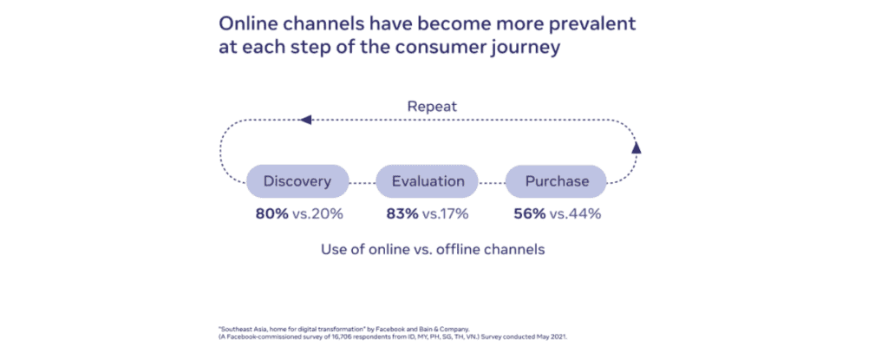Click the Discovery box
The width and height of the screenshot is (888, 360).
click(297, 181)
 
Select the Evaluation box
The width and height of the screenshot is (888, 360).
click(427, 181)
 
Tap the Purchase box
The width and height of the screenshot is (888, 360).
click(557, 181)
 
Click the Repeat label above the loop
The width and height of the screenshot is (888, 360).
click(431, 107)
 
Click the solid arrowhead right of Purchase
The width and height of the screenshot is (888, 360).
click(637, 147)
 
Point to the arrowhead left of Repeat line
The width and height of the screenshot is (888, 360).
click(304, 120)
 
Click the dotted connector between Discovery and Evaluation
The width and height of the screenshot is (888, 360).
click(362, 182)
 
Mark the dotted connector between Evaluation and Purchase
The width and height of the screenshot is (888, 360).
click(492, 182)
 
